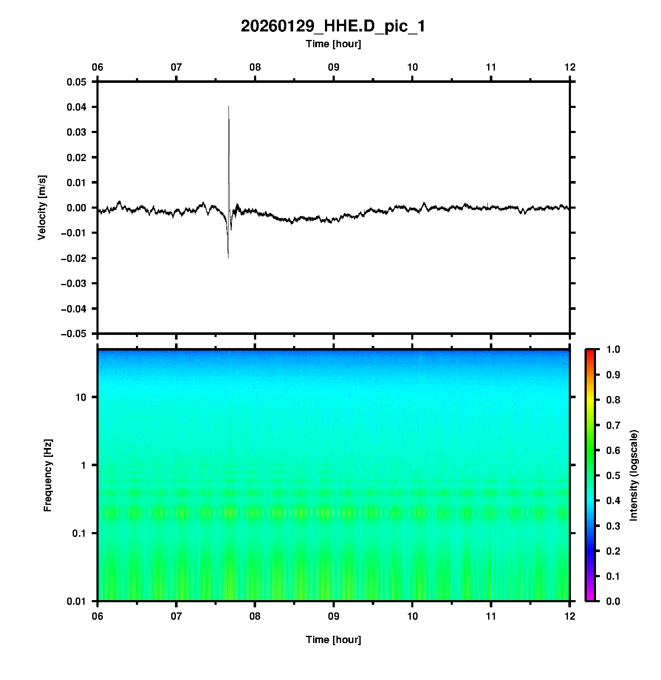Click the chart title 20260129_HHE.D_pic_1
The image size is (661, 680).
[333, 26]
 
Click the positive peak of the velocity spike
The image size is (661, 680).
[229, 106]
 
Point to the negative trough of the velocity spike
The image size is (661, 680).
[228, 257]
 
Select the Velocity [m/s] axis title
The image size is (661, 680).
[42, 207]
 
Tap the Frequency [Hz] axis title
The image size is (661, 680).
[48, 475]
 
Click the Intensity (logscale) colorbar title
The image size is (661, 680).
[634, 475]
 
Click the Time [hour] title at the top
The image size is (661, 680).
[333, 44]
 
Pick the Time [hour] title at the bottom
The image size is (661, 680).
[333, 640]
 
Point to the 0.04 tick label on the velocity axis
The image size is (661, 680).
[76, 107]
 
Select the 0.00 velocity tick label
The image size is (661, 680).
[76, 207]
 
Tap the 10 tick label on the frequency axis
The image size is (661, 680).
[81, 397]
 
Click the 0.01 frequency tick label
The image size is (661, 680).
[76, 601]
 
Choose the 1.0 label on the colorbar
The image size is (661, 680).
[614, 349]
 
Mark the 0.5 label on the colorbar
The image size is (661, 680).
[614, 475]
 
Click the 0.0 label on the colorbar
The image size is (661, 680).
[614, 601]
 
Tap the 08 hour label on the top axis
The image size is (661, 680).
[255, 67]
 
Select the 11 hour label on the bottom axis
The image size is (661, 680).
[491, 616]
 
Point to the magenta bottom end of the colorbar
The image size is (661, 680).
[590, 598]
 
